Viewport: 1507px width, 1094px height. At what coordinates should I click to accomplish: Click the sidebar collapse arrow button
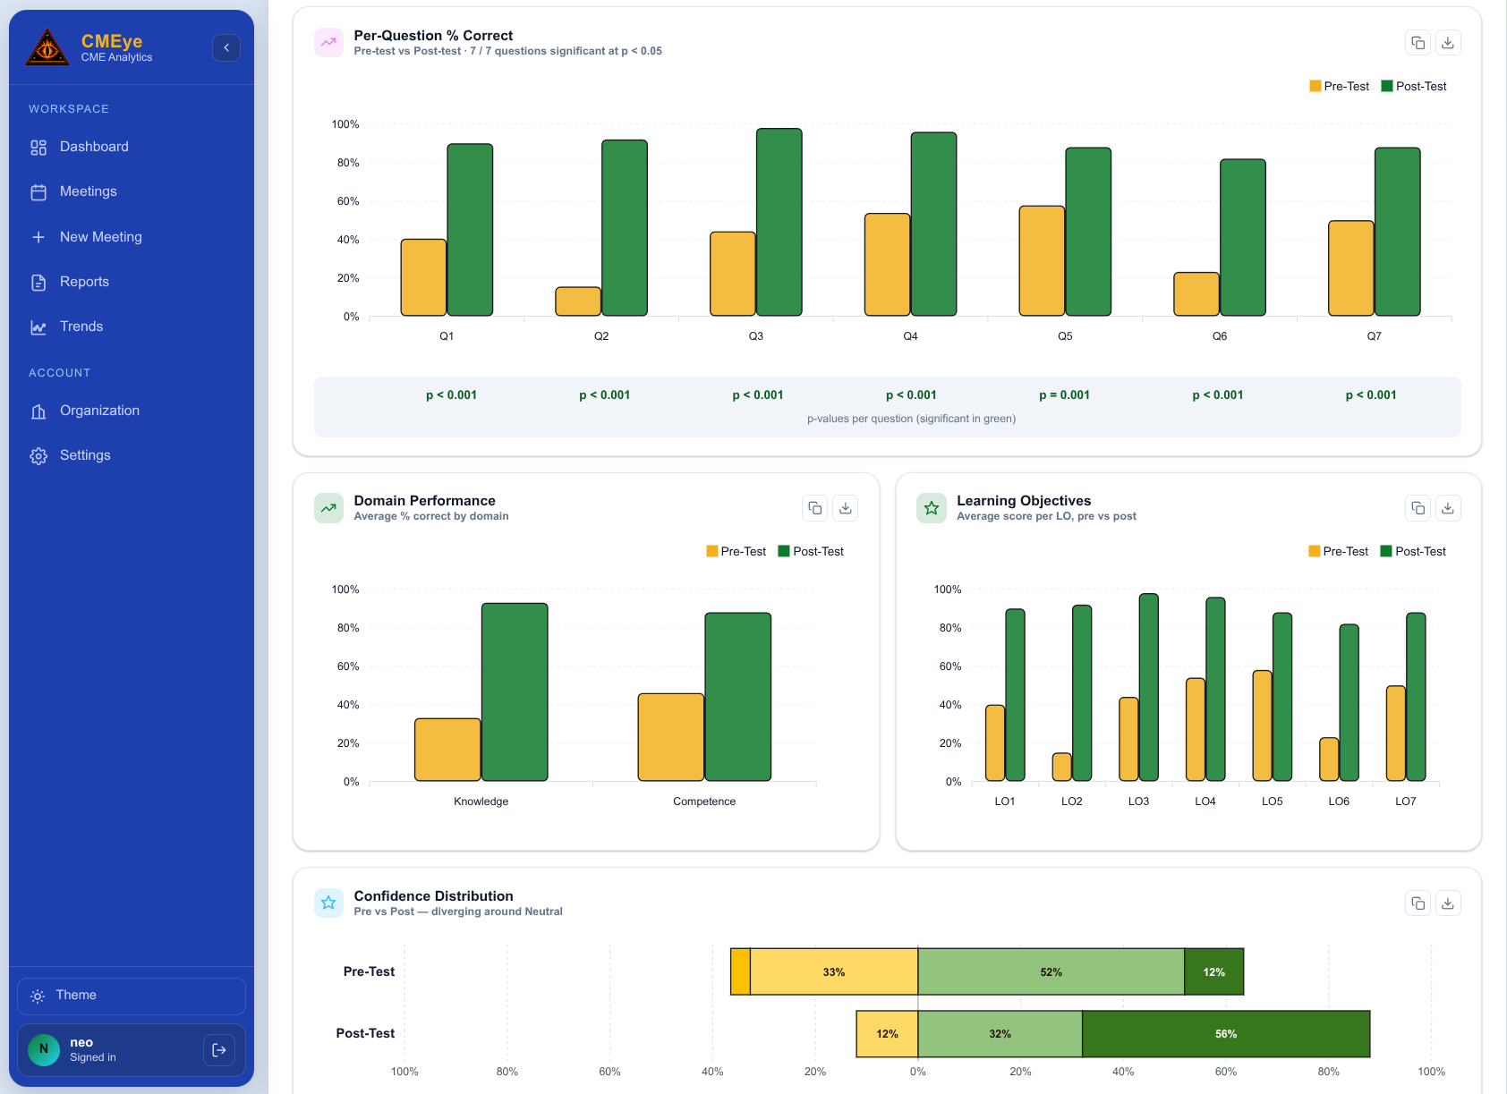[226, 47]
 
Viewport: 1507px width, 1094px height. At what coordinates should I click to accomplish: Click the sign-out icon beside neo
[219, 1049]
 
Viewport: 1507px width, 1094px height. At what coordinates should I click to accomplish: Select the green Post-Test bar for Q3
[779, 222]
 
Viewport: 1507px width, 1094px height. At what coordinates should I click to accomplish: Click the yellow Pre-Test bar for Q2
[578, 301]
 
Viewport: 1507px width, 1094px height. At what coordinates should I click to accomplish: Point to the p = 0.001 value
[1064, 394]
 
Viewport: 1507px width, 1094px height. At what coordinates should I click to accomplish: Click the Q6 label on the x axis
[1219, 335]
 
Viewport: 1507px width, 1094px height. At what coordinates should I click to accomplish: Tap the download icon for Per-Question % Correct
[1448, 42]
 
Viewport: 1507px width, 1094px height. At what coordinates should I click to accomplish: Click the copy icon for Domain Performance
[814, 508]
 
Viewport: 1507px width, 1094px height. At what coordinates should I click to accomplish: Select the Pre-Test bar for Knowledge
[447, 750]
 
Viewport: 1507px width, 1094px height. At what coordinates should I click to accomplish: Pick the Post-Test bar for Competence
[737, 697]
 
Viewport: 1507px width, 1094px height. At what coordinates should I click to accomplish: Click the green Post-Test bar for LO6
[1349, 703]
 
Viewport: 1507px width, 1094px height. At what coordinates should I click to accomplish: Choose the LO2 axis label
[1071, 801]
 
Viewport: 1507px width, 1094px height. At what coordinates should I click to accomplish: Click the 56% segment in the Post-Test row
[1226, 1033]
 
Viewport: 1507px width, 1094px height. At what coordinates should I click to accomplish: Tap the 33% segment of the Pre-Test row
[833, 971]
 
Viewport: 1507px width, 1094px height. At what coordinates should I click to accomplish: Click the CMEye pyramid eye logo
[47, 47]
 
